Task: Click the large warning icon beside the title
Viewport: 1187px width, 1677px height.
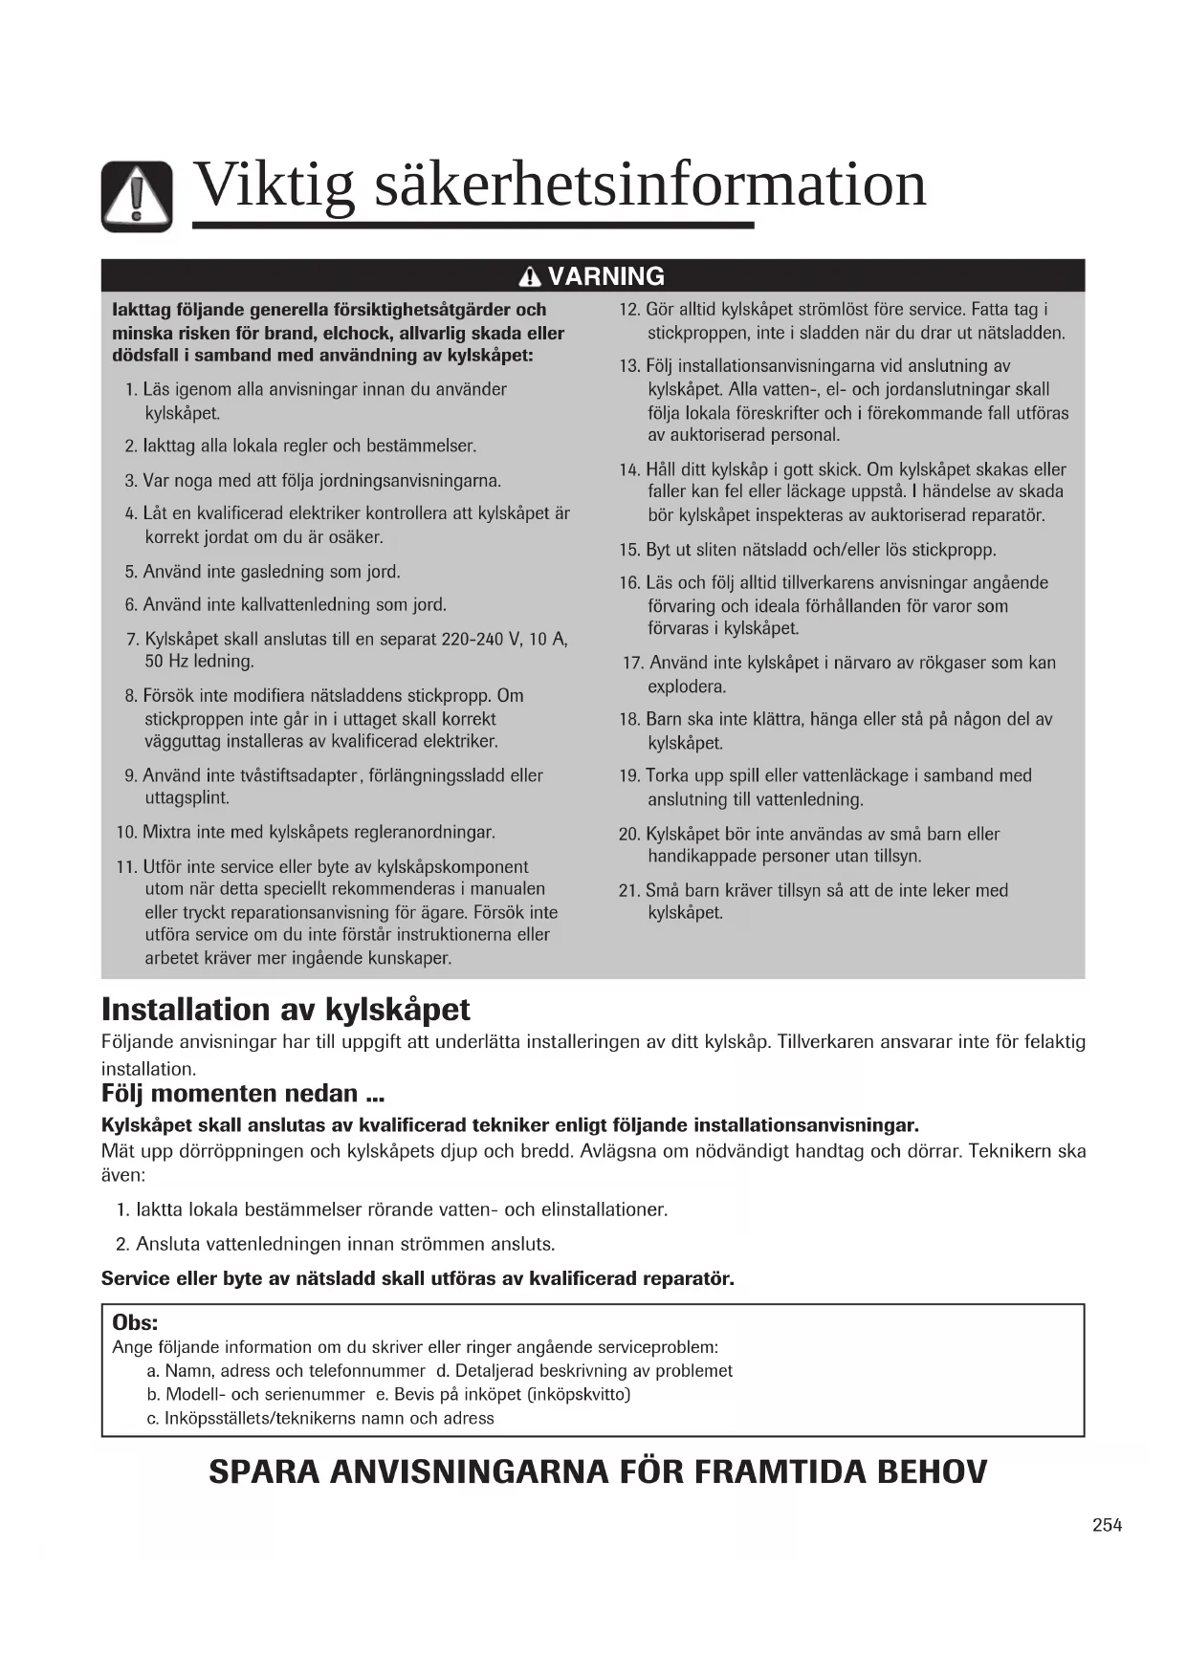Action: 137,196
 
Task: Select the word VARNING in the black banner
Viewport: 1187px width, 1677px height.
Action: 605,276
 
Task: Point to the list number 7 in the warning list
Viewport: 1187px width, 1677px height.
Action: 132,639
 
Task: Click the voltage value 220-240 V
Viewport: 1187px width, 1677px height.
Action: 481,639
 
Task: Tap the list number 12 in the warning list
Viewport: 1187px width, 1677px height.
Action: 628,310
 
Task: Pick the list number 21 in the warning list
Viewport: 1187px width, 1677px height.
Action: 628,891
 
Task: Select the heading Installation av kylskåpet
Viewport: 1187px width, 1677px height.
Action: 286,1010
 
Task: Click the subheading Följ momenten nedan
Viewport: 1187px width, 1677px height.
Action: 243,1093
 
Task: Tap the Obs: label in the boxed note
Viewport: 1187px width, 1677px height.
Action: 135,1322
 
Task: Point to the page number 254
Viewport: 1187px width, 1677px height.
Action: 1107,1525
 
